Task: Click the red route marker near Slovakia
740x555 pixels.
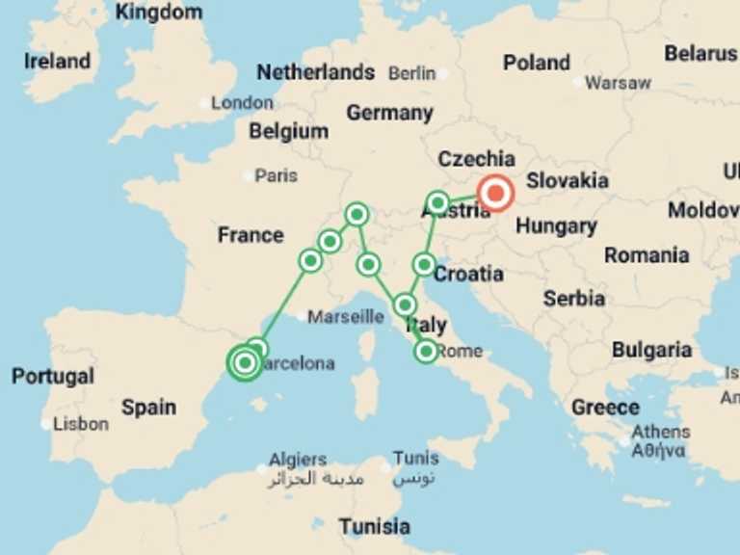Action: coord(496,194)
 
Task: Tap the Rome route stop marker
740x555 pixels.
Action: coord(426,352)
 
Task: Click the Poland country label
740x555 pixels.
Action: coord(537,63)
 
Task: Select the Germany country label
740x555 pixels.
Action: coord(389,113)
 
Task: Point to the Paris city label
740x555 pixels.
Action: coord(276,176)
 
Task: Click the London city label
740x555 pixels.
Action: coord(242,102)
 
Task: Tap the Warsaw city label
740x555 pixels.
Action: coord(618,83)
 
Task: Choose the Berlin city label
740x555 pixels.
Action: coord(411,73)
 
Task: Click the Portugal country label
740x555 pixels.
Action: coord(53,376)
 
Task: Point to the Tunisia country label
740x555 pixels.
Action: coord(374,527)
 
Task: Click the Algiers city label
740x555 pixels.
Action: coord(298,460)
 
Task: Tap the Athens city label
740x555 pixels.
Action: coord(660,432)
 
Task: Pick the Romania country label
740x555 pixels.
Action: coord(647,255)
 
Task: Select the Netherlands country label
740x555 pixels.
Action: coord(315,72)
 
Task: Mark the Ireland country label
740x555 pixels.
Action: coord(57,61)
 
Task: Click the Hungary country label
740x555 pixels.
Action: coord(556,226)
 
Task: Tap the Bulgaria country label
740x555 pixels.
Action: coord(651,349)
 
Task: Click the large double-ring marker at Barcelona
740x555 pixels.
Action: coord(245,362)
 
